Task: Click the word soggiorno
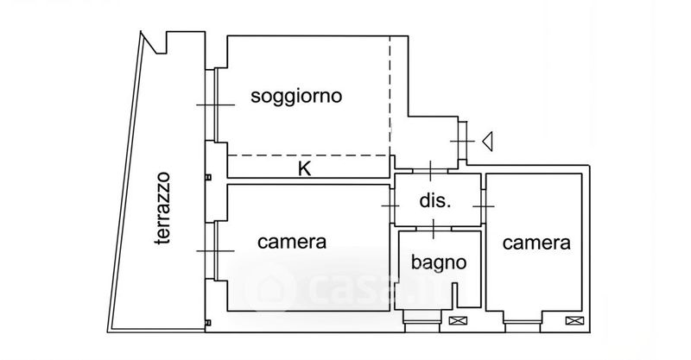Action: (x=296, y=96)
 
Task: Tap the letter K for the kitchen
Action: (x=304, y=168)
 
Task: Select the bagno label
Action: (x=439, y=262)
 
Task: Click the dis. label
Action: (x=435, y=202)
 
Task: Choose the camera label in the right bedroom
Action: (x=537, y=243)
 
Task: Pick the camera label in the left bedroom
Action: (x=292, y=243)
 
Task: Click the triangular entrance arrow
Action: (x=487, y=140)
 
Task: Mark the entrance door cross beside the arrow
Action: (x=463, y=140)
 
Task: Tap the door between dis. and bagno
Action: (x=433, y=229)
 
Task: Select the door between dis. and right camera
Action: (x=484, y=206)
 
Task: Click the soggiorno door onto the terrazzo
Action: (x=213, y=105)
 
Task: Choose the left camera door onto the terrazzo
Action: (x=213, y=251)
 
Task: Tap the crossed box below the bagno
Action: (x=458, y=321)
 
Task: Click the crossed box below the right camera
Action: (x=572, y=321)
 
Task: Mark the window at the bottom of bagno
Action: (x=422, y=323)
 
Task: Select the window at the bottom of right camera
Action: (x=522, y=323)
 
